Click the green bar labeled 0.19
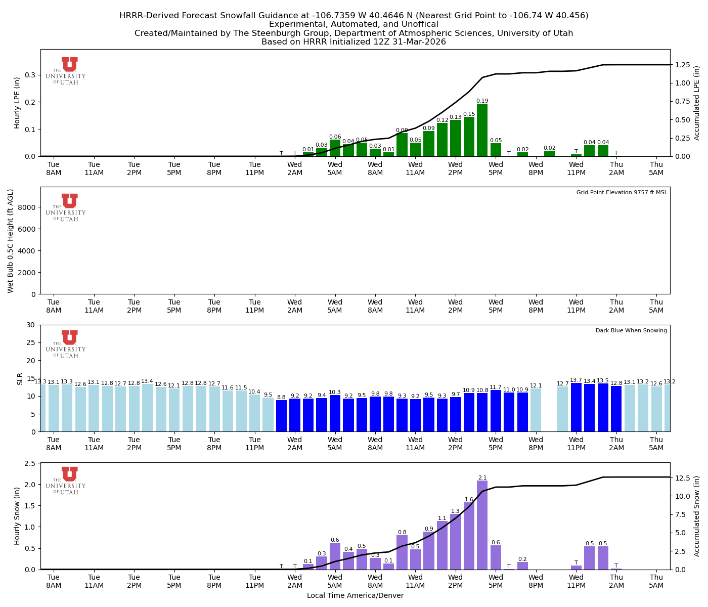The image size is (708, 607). click(482, 130)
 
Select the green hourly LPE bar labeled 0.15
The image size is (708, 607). click(469, 137)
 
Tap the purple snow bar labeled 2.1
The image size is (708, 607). click(482, 525)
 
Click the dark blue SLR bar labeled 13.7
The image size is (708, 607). click(576, 407)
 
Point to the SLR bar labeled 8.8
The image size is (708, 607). click(281, 416)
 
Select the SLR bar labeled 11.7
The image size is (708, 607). click(496, 411)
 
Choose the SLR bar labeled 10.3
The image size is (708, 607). click(335, 413)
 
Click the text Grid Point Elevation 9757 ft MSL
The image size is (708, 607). click(622, 192)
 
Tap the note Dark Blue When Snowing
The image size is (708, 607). click(631, 331)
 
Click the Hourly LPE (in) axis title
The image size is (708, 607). click(17, 103)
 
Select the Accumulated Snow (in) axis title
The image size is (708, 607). click(697, 516)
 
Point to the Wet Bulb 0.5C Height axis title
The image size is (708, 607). click(11, 241)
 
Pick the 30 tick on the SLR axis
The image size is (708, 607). click(32, 325)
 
